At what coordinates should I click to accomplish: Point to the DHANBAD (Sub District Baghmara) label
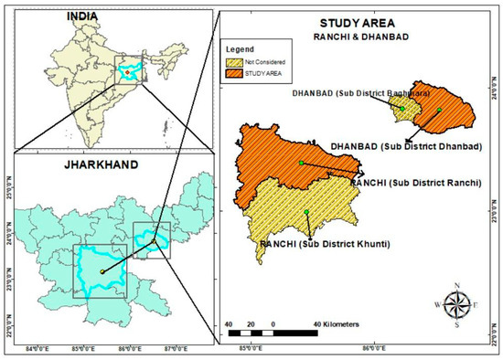click(352, 93)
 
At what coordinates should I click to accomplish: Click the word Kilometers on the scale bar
click(337, 324)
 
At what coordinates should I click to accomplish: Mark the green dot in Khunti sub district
click(306, 213)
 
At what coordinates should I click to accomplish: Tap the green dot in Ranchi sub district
click(300, 163)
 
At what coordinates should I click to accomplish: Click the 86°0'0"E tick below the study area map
click(373, 347)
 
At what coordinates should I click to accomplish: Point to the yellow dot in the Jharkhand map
click(102, 271)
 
